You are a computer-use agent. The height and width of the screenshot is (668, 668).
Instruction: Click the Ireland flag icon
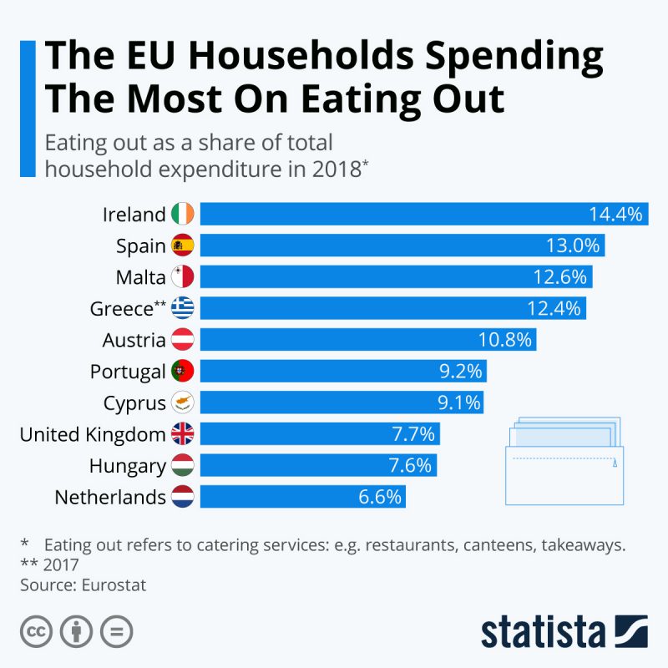(182, 214)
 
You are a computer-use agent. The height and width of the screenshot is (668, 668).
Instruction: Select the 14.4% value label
(615, 214)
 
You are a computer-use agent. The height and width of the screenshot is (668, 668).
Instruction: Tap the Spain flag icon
(182, 245)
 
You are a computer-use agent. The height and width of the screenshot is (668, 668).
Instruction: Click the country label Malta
(141, 277)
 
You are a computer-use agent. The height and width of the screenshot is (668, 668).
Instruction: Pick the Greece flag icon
(182, 309)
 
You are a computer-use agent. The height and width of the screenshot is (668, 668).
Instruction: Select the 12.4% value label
(554, 309)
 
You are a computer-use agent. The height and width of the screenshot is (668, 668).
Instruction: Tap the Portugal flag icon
(182, 372)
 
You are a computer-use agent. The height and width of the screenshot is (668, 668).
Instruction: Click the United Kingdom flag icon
(182, 434)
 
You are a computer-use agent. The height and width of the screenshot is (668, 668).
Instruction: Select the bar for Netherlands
(301, 498)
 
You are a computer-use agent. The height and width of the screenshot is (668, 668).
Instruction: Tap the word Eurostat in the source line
(114, 585)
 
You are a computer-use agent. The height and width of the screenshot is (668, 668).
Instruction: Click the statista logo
(564, 631)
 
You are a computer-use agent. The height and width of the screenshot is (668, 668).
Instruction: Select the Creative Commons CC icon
(37, 631)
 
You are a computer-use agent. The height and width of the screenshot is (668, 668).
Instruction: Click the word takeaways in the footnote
(584, 545)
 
